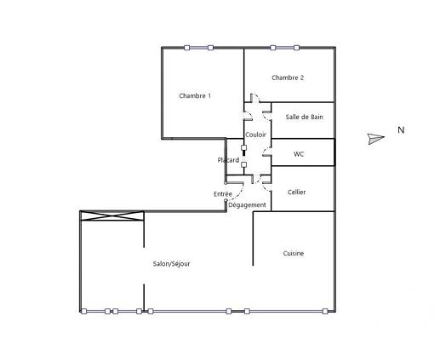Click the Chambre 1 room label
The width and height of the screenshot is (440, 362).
195,96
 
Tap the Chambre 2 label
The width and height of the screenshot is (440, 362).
288,78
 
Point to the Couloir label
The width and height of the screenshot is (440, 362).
255,135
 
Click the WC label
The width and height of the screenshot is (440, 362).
299,154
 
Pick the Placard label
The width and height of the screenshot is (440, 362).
228,160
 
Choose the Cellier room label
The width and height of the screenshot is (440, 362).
297,192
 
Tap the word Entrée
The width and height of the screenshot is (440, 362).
223,194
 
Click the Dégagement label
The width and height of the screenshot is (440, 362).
248,205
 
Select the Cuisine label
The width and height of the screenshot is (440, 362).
294,253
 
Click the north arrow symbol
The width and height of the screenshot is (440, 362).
376,139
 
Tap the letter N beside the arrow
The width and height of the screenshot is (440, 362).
400,130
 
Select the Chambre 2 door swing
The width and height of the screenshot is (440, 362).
255,100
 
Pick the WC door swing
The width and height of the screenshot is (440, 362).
266,156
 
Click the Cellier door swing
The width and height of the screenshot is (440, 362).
266,179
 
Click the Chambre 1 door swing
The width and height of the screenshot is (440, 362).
246,118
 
